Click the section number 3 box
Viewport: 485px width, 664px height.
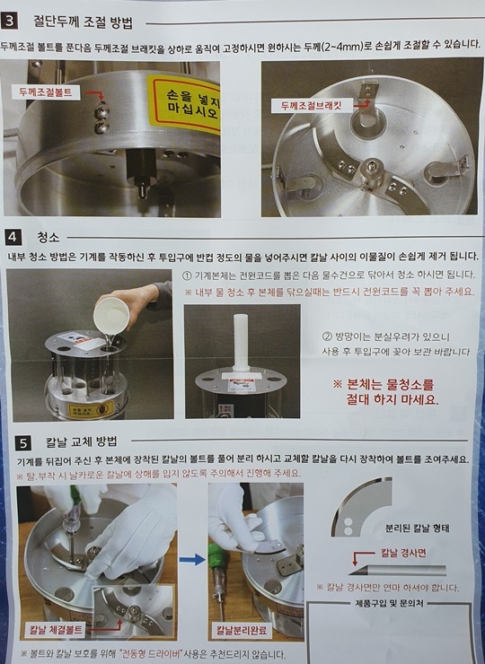[9, 21]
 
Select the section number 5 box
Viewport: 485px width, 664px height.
[23, 443]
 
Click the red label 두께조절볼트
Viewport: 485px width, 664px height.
[46, 92]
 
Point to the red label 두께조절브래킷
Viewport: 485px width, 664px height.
[312, 106]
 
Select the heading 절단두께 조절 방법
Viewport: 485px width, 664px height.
[84, 22]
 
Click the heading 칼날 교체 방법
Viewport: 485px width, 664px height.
[82, 442]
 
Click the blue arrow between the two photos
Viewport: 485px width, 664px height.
[192, 560]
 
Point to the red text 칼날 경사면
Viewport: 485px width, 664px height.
[402, 553]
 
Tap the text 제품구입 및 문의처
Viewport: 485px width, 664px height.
[389, 604]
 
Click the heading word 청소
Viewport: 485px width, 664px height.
[48, 237]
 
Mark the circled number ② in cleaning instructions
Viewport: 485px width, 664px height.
[326, 337]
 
